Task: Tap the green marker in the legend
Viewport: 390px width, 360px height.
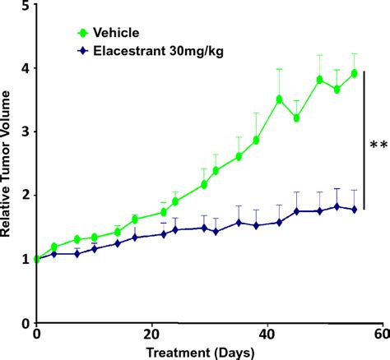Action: [81, 33]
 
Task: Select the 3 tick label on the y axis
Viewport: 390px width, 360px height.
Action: [24, 132]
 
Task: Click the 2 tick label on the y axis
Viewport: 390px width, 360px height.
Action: [24, 196]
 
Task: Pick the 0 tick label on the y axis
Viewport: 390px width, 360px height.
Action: [24, 322]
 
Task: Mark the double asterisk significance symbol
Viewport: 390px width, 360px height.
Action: [378, 146]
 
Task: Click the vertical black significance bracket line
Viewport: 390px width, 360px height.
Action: [363, 145]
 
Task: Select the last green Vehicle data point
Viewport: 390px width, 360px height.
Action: [354, 73]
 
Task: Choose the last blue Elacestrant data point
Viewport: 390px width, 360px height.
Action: [354, 210]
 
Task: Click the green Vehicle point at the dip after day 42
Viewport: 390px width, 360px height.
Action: [296, 118]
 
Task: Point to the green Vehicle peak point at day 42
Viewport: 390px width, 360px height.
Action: [280, 99]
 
